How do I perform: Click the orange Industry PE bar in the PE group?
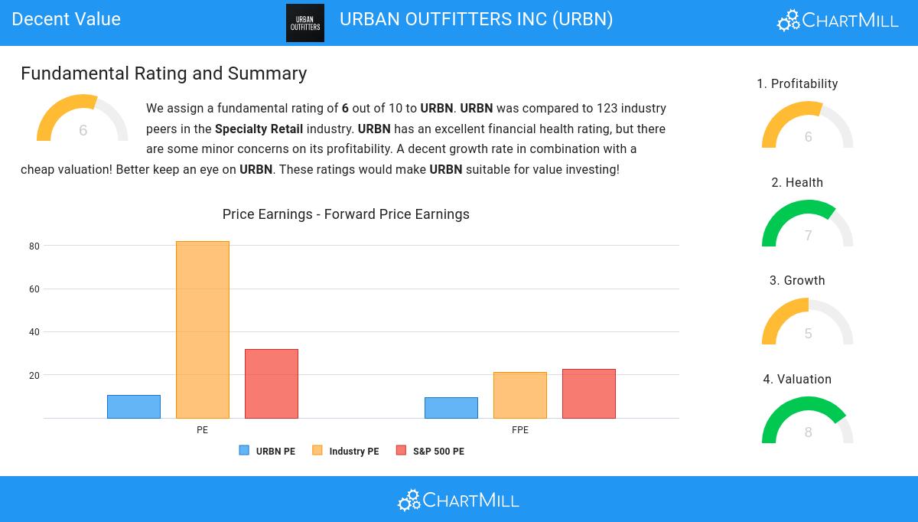[203, 330]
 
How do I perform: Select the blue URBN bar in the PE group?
[134, 406]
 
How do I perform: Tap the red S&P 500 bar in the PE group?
[272, 383]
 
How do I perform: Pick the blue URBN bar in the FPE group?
[451, 408]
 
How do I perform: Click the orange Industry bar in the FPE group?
[520, 395]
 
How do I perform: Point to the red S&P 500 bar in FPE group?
[589, 393]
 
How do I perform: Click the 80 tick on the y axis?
[34, 246]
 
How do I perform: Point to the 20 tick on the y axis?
[34, 376]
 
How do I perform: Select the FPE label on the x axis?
[520, 430]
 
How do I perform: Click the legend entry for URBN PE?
[267, 452]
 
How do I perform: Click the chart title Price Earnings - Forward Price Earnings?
[346, 214]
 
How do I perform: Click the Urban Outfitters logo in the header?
[305, 23]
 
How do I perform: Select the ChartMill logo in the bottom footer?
[458, 500]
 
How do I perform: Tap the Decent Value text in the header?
[67, 19]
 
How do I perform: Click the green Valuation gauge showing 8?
[808, 421]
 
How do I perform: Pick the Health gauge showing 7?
[808, 224]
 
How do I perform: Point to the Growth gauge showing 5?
[808, 322]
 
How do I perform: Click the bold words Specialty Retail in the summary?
[259, 129]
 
